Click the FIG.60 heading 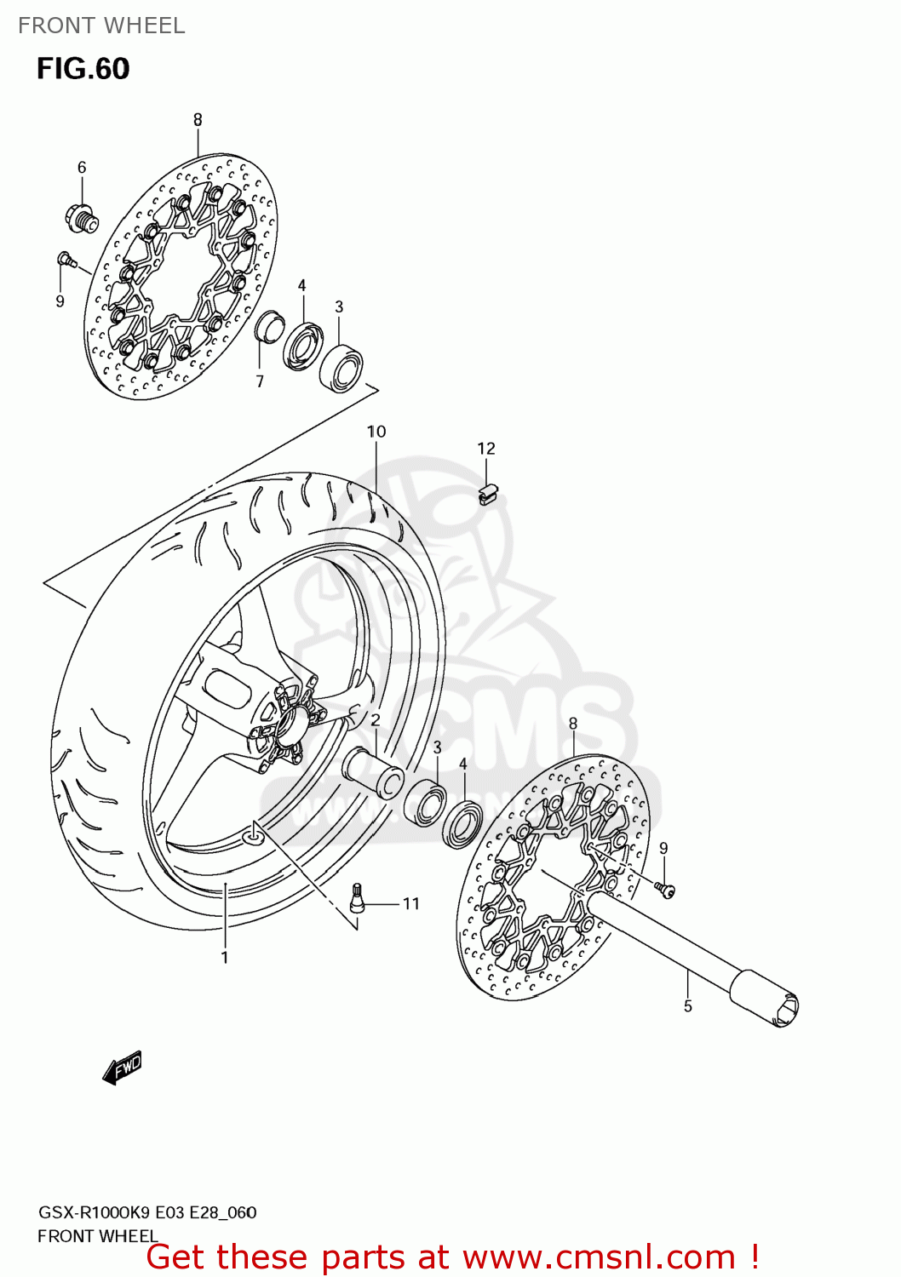pos(83,69)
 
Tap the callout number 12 pos(485,449)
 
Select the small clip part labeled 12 pos(488,494)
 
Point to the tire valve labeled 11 pos(358,898)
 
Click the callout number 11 pos(411,903)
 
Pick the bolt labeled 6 pos(81,218)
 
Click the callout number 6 pos(82,168)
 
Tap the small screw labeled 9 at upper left pos(66,259)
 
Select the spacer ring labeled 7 pos(267,327)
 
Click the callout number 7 pos(260,381)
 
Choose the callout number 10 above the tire pos(376,432)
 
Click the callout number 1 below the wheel pos(225,958)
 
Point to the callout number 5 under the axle pos(687,1006)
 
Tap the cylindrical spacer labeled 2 pos(373,771)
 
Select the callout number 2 pos(375,721)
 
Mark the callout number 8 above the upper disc pos(198,120)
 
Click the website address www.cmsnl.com pos(599,1257)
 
